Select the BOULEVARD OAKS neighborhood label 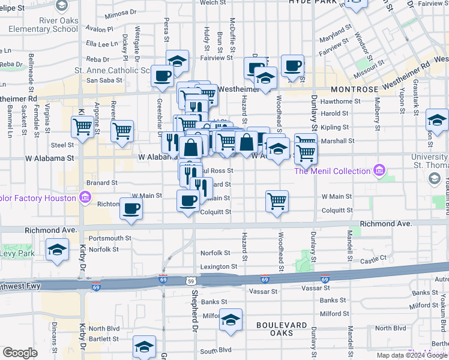pyautogui.click(x=274, y=329)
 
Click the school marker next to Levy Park pyautogui.click(x=58, y=250)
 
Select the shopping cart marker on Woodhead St pyautogui.click(x=277, y=202)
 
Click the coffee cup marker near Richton pyautogui.click(x=131, y=209)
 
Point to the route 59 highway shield pyautogui.click(x=190, y=280)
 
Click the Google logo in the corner pyautogui.click(x=20, y=353)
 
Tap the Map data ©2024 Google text pyautogui.click(x=412, y=355)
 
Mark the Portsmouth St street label pyautogui.click(x=110, y=238)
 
